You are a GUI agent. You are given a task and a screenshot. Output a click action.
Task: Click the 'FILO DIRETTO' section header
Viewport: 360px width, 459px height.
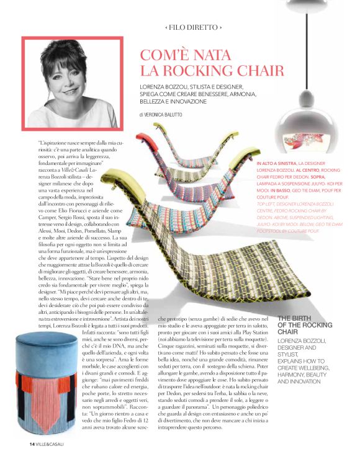[x=193, y=28]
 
